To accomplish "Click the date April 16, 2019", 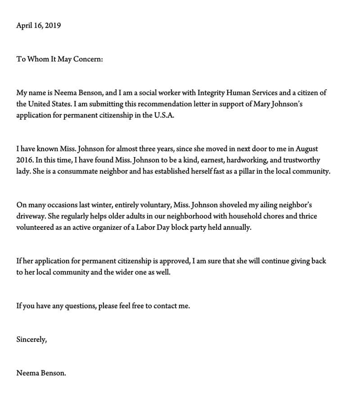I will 38,26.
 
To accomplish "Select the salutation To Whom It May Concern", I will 59,59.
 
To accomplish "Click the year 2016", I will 24,160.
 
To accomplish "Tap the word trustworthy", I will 301,160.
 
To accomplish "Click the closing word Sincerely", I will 31,340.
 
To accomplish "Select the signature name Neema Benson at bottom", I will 41,373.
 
